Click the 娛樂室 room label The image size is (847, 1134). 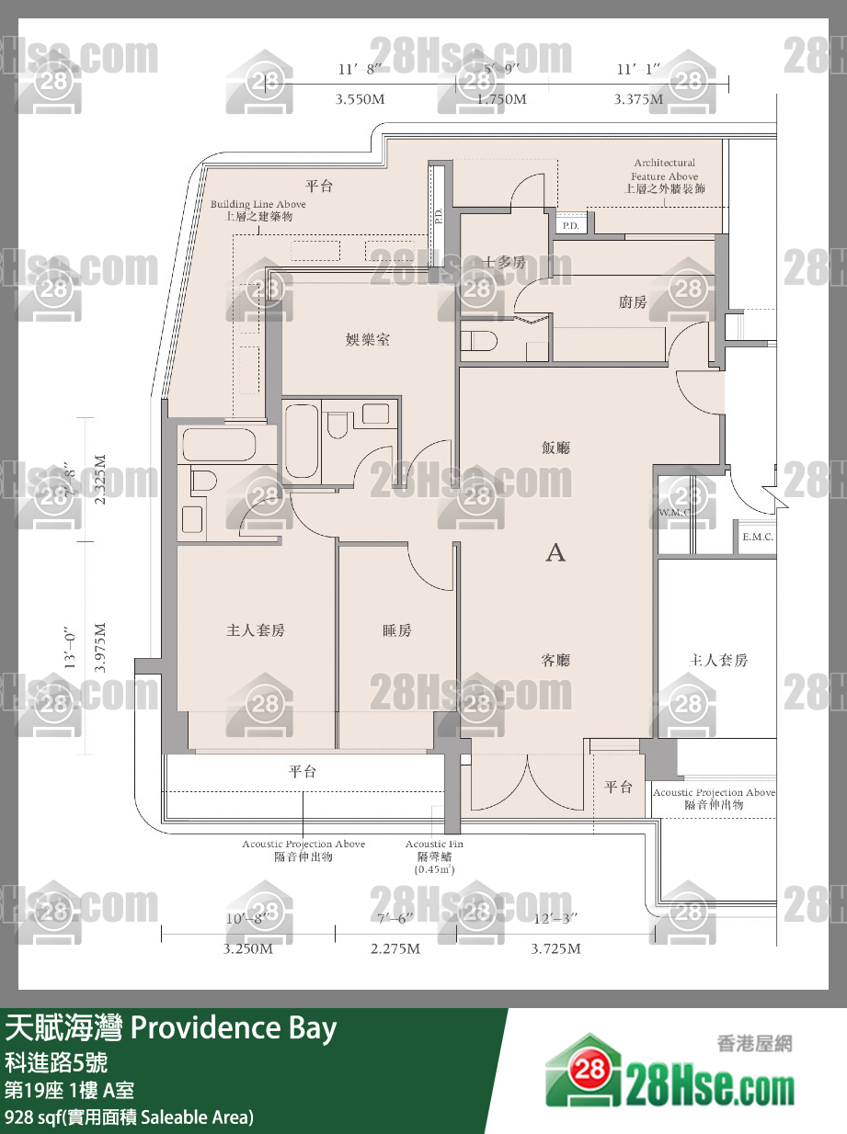pos(367,340)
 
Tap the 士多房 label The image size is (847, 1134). pos(505,263)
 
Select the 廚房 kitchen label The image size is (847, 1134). pos(632,302)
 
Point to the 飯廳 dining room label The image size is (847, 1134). pos(555,448)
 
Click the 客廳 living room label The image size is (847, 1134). pos(555,660)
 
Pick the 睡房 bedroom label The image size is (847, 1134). pos(397,630)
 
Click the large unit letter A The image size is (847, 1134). pos(555,552)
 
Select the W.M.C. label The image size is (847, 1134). pos(674,512)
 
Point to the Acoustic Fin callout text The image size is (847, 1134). pos(434,844)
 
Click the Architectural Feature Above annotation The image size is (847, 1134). pos(664,170)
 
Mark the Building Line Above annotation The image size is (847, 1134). pos(258,204)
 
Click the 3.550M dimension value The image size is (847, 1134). pos(360,98)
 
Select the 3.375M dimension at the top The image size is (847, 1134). pos(638,98)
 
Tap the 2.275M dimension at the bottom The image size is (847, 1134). pos(395,948)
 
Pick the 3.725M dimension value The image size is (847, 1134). pos(555,948)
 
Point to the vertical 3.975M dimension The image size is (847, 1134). pos(100,649)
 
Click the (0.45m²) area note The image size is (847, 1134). pos(434,868)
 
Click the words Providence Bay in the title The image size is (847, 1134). pos(235,1028)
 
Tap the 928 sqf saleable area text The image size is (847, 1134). pos(129,1117)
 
